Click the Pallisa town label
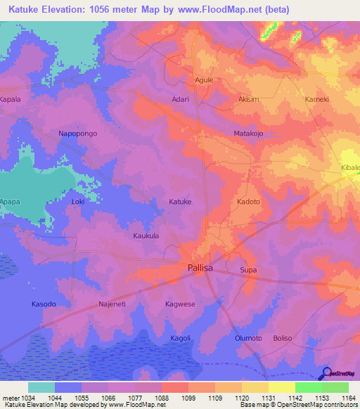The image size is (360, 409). [x=200, y=268]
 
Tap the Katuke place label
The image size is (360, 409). [x=180, y=202]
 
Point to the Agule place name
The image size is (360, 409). [x=204, y=80]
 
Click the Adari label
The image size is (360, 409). [x=181, y=100]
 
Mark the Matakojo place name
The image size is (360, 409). [x=248, y=133]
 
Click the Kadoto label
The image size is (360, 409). [x=248, y=202]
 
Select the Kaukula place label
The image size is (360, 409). [x=146, y=236]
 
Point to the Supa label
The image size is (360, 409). [x=248, y=270]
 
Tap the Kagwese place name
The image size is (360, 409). [x=179, y=304]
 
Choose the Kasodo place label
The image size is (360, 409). [x=43, y=304]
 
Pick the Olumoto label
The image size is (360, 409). [x=248, y=338]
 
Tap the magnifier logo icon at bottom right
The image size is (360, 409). [x=326, y=372]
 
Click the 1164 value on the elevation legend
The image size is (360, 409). [x=349, y=397]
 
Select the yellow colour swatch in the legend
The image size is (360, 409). [x=282, y=387]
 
